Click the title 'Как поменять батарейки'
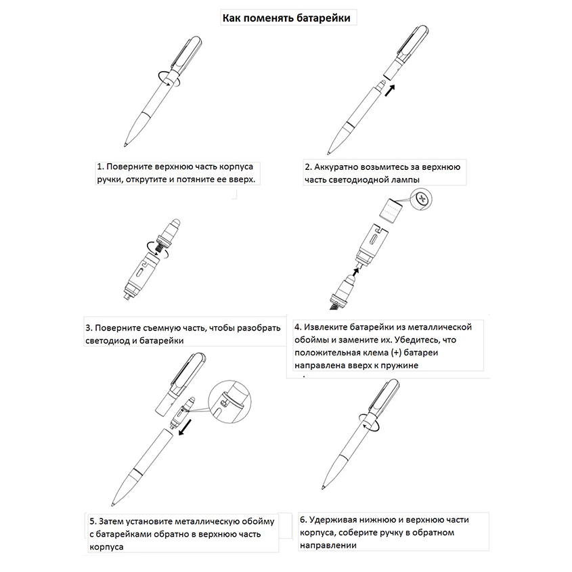pos(286,18)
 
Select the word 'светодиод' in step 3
pos(110,340)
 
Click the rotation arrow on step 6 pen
pos(371,425)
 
